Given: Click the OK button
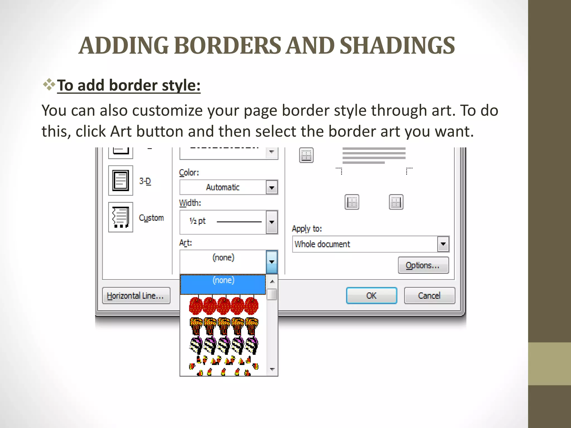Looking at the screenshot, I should pyautogui.click(x=371, y=295).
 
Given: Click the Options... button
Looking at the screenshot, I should pyautogui.click(x=423, y=265).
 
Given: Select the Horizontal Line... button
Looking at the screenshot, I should pyautogui.click(x=136, y=296).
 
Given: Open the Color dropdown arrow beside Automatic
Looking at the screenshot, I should pyautogui.click(x=272, y=188).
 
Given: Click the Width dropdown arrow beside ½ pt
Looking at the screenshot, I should pyautogui.click(x=272, y=222).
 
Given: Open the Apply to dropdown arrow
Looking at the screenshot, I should pyautogui.click(x=443, y=244).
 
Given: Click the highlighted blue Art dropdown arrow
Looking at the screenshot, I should pyautogui.click(x=272, y=262).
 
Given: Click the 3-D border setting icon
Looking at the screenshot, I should pyautogui.click(x=120, y=181).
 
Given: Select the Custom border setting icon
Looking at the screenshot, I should pyautogui.click(x=120, y=217).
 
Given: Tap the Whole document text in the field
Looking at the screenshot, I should pyautogui.click(x=322, y=244).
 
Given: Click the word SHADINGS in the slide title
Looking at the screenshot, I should pyautogui.click(x=397, y=45).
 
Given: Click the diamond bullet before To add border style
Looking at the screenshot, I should pyautogui.click(x=49, y=85).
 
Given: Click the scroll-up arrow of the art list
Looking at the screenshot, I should pyautogui.click(x=272, y=281).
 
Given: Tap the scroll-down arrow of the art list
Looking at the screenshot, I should pyautogui.click(x=272, y=369).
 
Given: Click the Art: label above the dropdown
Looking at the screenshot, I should pyautogui.click(x=185, y=243).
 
